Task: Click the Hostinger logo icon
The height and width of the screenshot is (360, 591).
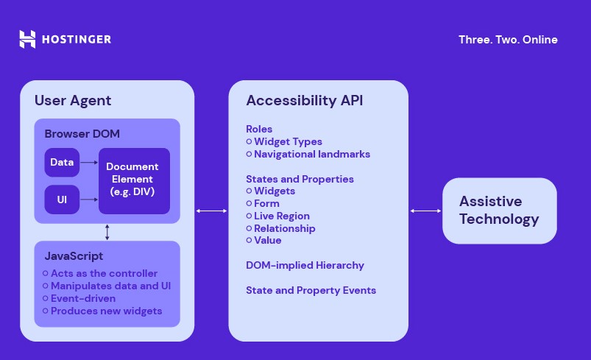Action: coord(27,39)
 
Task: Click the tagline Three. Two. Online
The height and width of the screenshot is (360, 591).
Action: coord(508,40)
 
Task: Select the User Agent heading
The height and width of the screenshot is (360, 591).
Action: coord(73,100)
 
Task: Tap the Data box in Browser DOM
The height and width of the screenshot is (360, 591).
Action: coord(62,162)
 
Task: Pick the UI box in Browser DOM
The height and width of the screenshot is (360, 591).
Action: coord(62,200)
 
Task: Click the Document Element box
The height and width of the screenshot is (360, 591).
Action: coord(134,180)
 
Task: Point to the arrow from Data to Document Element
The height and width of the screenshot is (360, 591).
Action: coord(89,162)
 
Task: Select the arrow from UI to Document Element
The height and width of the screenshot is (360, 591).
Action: coord(89,200)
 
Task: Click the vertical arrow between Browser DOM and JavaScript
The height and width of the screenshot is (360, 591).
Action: coord(107,232)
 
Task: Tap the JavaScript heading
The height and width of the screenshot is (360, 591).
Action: coord(74,256)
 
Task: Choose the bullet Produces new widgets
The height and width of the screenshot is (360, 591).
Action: coord(106,311)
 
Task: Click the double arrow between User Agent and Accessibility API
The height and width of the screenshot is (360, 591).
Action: coord(212,211)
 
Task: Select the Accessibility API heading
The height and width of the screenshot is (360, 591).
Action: coord(305,100)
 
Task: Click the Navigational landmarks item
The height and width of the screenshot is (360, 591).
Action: coord(312,154)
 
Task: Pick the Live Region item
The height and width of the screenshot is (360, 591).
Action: coord(282,216)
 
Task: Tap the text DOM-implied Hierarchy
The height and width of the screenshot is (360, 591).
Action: coord(305,265)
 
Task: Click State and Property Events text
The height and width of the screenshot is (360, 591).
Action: coord(311,290)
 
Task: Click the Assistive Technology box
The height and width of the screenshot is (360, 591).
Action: coord(499,211)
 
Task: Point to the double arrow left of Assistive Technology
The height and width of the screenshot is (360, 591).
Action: coord(425,211)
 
